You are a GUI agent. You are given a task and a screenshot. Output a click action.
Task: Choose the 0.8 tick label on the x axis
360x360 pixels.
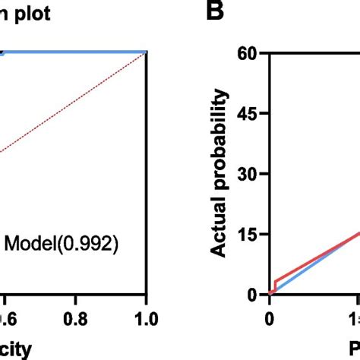pyautogui.click(x=74, y=319)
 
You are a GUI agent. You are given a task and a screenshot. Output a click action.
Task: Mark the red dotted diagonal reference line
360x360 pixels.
pyautogui.click(x=76, y=102)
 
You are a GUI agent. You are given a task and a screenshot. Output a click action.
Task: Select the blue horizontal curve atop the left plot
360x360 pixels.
pyautogui.click(x=76, y=52)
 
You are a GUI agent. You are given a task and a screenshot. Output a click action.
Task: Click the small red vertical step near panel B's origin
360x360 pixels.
pyautogui.click(x=274, y=286)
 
